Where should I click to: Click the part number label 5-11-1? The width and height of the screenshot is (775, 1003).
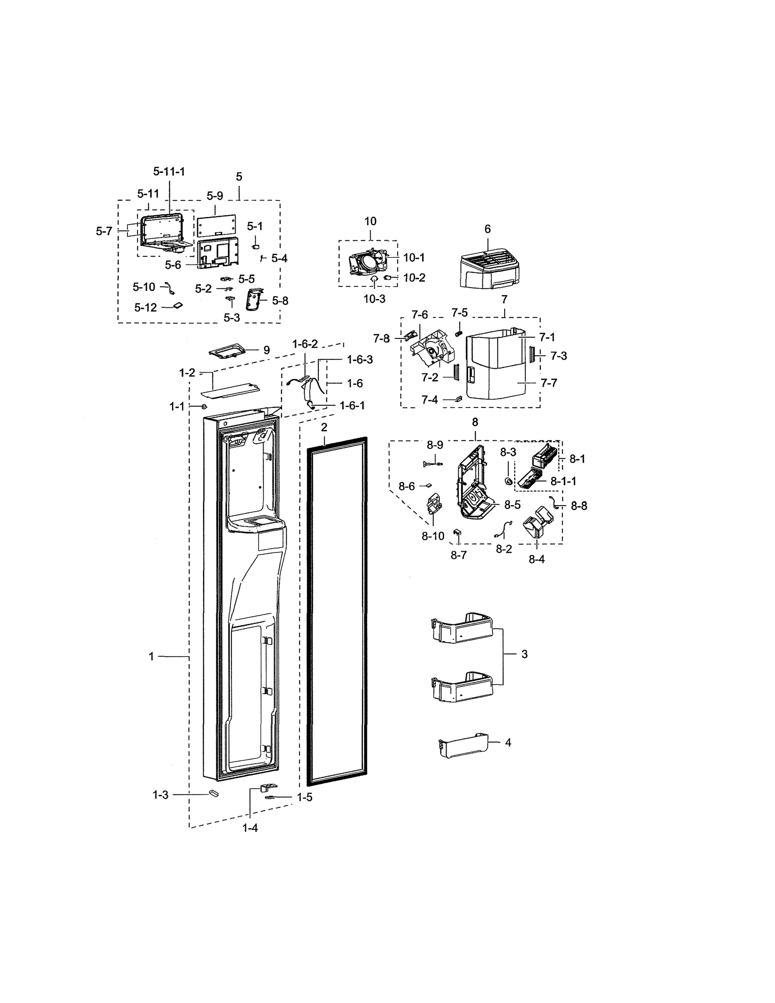169,171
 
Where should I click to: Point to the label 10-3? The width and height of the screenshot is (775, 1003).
374,299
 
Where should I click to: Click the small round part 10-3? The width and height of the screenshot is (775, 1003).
374,279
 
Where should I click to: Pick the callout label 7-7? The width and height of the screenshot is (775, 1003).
549,382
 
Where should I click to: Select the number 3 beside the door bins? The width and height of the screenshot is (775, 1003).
524,654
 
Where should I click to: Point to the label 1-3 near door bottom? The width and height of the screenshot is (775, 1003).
160,795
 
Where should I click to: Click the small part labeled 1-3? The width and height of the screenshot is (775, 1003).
213,793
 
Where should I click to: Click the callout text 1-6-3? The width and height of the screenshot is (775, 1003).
359,359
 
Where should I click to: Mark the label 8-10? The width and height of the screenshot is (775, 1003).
433,536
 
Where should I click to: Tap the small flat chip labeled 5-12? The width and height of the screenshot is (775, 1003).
178,305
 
